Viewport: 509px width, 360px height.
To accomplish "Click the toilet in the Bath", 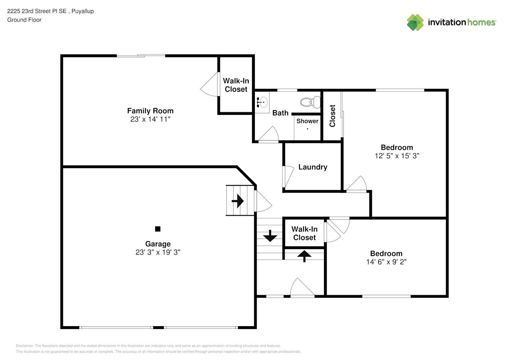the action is click(x=310, y=102).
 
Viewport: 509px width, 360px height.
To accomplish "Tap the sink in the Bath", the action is click(x=263, y=102).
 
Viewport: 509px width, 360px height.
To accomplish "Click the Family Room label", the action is click(x=150, y=111).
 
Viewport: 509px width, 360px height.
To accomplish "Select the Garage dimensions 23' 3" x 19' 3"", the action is click(x=158, y=252).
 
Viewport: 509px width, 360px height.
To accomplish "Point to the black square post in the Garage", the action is click(x=158, y=229).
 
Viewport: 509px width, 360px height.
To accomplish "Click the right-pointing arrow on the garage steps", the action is click(x=238, y=201).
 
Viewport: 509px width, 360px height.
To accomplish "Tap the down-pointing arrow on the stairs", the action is click(x=270, y=236).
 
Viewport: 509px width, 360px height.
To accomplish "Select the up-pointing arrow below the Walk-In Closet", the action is click(x=304, y=256).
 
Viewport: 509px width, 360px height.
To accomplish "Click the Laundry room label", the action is click(x=313, y=167).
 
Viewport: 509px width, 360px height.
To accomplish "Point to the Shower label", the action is click(x=307, y=121).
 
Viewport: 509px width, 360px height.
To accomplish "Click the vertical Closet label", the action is click(x=332, y=116).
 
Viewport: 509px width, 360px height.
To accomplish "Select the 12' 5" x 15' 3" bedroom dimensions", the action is click(x=397, y=156).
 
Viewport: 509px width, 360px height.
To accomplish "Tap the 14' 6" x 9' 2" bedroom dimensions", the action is click(x=386, y=262).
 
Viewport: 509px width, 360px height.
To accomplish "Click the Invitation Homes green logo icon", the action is click(x=415, y=22).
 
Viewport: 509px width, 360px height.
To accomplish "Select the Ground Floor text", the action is click(x=24, y=20).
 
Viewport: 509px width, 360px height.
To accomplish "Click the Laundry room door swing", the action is click(x=288, y=177).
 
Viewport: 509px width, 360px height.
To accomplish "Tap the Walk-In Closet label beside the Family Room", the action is click(x=236, y=85).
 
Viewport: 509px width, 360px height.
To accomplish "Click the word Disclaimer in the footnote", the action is click(x=25, y=346).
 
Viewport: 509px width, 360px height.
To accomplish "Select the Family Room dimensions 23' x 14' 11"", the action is click(x=150, y=119).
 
